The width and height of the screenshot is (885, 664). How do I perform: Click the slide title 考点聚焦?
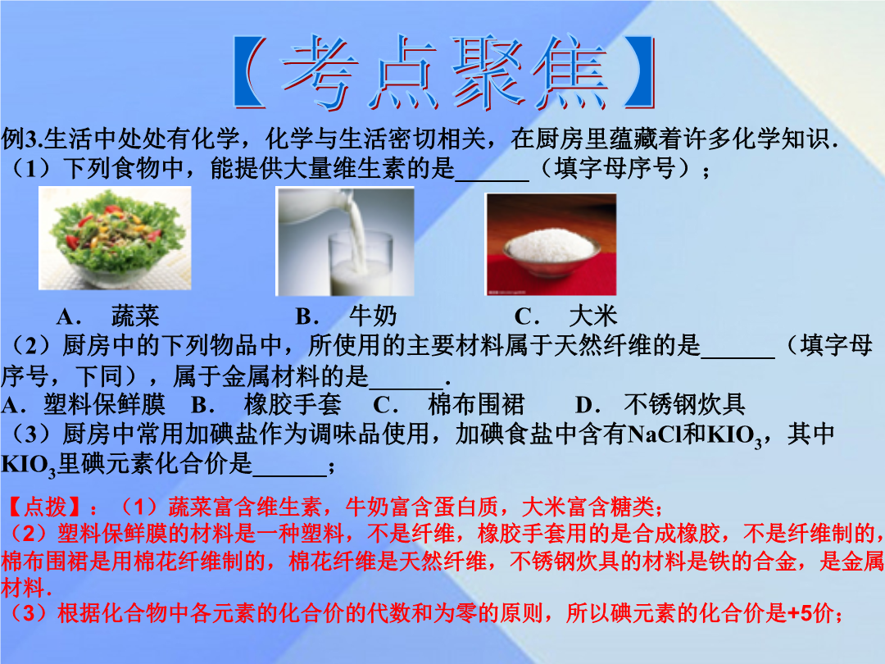[x=444, y=71]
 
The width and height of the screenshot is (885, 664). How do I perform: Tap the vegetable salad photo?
[x=115, y=238]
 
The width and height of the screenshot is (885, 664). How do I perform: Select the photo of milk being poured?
[x=345, y=241]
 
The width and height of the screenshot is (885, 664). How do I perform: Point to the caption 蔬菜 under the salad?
[x=135, y=316]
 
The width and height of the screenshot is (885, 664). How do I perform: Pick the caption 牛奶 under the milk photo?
[x=373, y=316]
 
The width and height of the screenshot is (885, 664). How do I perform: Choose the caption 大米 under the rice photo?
[x=593, y=316]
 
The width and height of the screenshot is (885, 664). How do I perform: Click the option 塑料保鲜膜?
[x=104, y=404]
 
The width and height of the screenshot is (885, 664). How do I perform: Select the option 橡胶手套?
[x=293, y=404]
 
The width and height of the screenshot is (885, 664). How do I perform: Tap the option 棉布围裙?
[x=476, y=404]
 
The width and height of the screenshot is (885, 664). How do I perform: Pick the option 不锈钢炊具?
[x=684, y=404]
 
